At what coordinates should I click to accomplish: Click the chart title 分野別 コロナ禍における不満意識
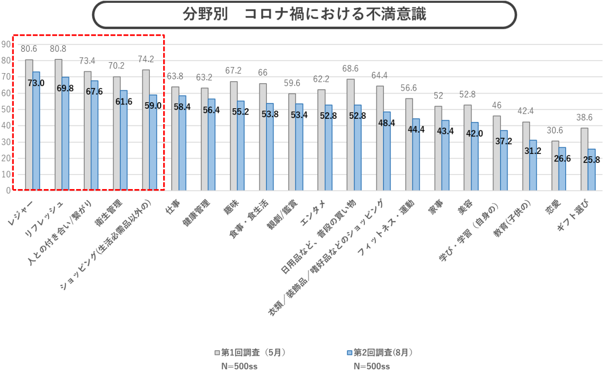[304, 14]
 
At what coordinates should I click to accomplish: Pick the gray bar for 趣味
[234, 135]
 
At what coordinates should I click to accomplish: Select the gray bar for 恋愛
[555, 165]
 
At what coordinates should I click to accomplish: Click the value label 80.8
[58, 49]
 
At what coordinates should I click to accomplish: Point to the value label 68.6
[350, 69]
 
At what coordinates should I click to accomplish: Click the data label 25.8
[592, 160]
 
